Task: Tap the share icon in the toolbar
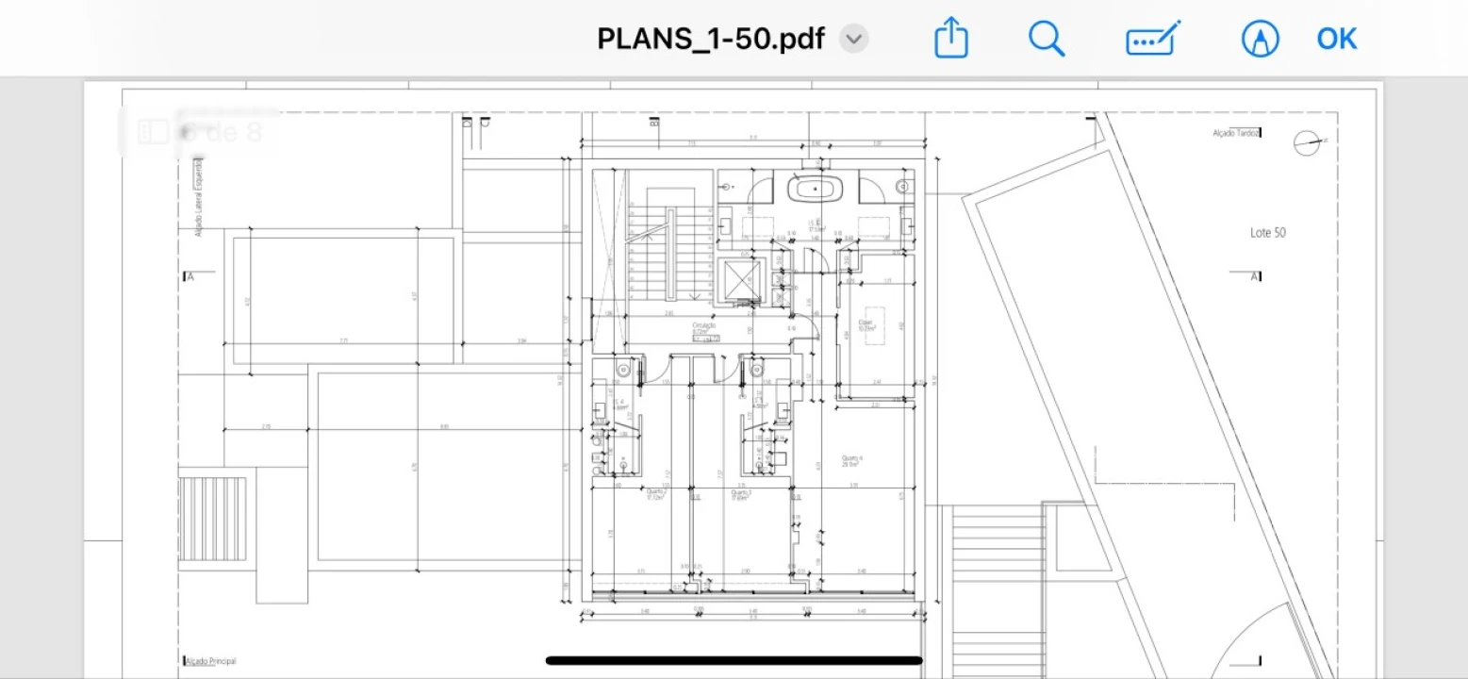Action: click(x=951, y=40)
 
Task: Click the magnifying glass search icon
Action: click(x=1046, y=40)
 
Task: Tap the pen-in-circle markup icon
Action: click(x=1260, y=40)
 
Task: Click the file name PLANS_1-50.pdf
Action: click(x=711, y=40)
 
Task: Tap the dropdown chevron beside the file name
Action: click(x=853, y=40)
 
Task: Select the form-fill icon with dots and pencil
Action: click(x=1152, y=40)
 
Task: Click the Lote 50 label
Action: click(x=1267, y=233)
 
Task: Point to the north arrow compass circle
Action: click(x=1307, y=142)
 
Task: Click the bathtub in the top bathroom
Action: click(x=816, y=189)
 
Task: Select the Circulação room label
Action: click(x=703, y=327)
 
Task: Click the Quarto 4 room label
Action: click(x=852, y=460)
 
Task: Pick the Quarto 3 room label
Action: click(x=740, y=493)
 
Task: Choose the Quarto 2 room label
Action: click(x=656, y=493)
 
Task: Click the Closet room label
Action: click(x=866, y=323)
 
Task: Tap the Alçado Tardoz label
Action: click(x=1235, y=134)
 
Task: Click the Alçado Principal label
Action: click(x=210, y=661)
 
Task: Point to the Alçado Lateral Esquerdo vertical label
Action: click(x=199, y=197)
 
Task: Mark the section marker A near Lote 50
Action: click(x=1254, y=276)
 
